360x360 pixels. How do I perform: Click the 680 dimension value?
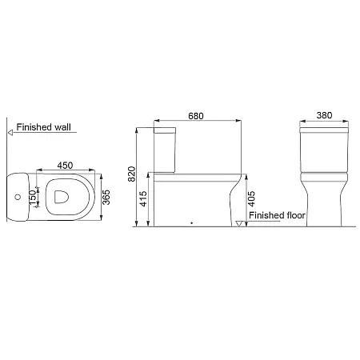pyautogui.click(x=196, y=116)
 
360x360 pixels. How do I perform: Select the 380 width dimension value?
pyautogui.click(x=324, y=115)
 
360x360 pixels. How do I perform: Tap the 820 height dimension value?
pyautogui.click(x=132, y=174)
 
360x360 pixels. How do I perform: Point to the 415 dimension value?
pyautogui.click(x=143, y=198)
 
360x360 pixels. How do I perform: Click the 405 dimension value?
pyautogui.click(x=251, y=198)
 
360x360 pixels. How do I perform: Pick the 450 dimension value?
pyautogui.click(x=65, y=166)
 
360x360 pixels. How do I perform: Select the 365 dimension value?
pyautogui.click(x=106, y=198)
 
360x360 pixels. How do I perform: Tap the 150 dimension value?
pyautogui.click(x=33, y=198)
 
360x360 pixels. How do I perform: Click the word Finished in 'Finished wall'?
pyautogui.click(x=34, y=127)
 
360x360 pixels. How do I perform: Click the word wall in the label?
pyautogui.click(x=62, y=127)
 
